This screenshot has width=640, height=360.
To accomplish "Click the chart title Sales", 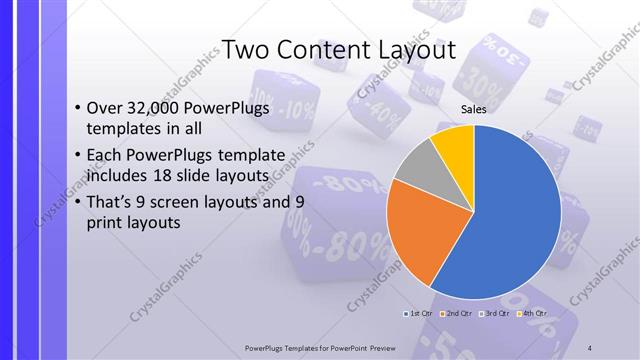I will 473,110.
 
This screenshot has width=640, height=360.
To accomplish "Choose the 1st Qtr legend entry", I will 421,313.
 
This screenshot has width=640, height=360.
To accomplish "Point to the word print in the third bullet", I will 109,223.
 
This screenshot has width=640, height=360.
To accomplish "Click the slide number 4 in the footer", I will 591,348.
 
